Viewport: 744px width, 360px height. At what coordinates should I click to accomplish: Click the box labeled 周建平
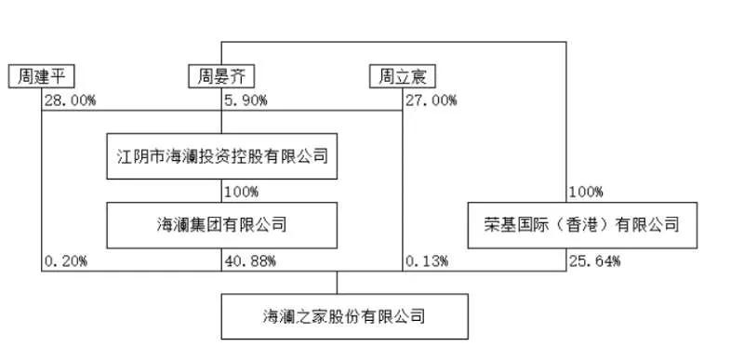click(42, 76)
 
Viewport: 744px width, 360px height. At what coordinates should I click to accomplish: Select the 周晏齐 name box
click(221, 76)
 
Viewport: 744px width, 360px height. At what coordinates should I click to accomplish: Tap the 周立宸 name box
click(402, 76)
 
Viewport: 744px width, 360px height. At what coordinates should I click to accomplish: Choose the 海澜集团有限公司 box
click(221, 224)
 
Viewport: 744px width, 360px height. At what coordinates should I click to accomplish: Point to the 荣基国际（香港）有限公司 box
click(583, 224)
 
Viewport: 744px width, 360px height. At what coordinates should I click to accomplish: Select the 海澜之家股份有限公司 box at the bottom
click(344, 316)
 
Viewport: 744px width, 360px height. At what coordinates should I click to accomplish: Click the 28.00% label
click(70, 100)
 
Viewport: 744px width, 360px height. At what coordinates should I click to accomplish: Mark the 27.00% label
click(431, 100)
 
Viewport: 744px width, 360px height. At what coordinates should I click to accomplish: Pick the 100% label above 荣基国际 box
click(585, 193)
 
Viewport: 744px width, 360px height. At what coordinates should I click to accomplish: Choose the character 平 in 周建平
click(62, 76)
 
